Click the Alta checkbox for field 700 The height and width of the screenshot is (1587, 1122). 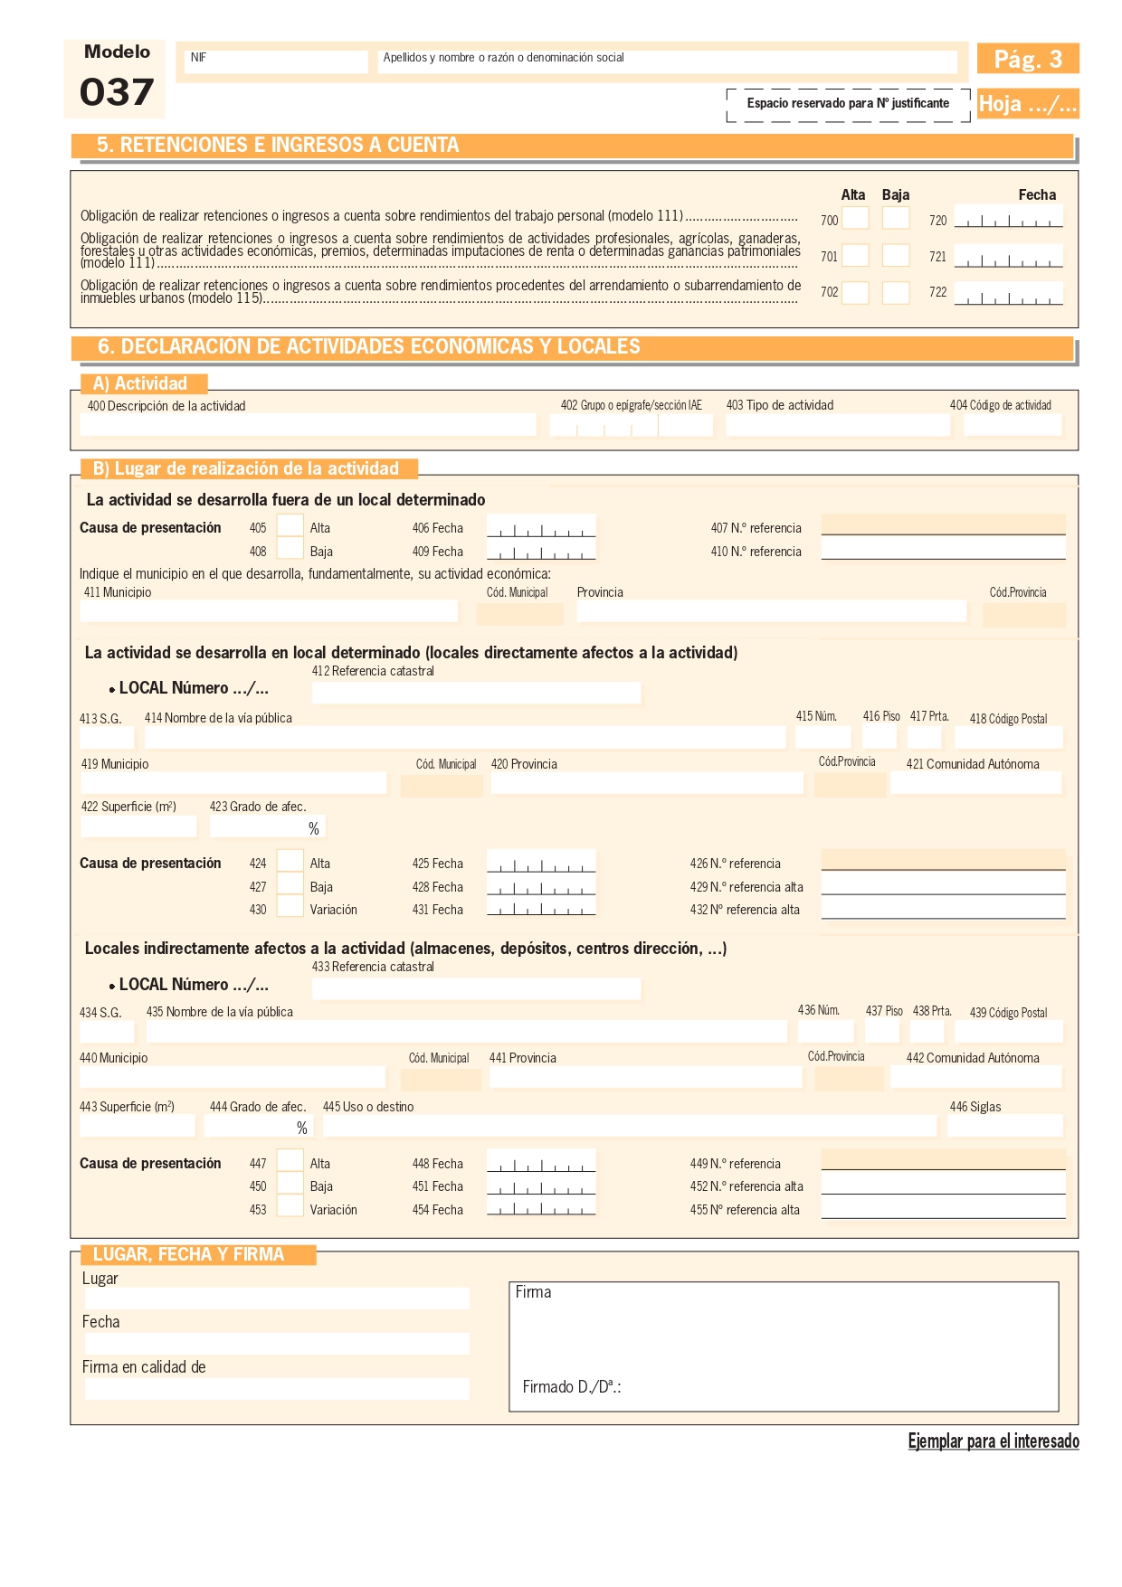855,218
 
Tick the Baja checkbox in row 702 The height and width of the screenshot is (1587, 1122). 895,292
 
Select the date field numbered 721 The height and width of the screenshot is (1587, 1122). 1008,257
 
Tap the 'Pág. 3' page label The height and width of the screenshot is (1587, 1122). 1027,60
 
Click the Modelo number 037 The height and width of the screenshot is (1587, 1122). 116,92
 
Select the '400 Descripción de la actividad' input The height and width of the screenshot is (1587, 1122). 308,425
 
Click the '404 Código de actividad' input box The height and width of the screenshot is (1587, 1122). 1012,425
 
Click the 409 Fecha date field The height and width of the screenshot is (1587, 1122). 540,550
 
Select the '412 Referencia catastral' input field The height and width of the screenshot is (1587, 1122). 476,693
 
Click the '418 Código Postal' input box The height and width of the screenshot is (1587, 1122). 1009,737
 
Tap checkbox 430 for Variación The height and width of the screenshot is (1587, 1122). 290,907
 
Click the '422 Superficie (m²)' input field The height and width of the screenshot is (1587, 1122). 138,827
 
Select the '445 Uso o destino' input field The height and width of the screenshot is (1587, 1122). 629,1126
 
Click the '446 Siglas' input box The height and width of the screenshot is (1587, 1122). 1004,1126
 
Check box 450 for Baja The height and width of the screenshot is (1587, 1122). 290,1184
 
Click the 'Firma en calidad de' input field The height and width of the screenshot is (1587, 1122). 277,1388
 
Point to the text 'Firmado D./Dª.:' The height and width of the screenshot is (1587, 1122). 571,1387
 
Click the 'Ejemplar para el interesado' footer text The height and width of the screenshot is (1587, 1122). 993,1441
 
